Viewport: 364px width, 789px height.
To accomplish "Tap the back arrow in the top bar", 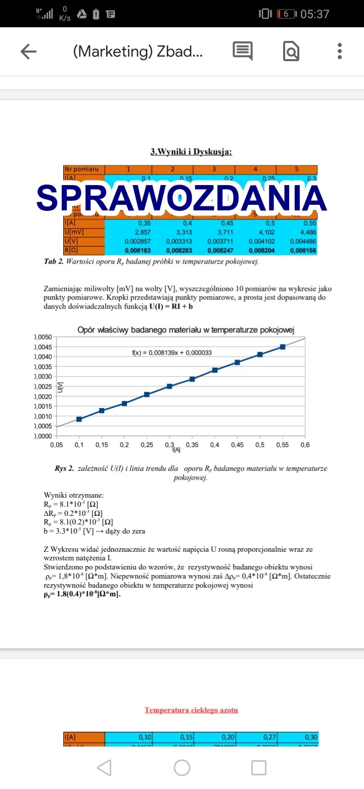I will coord(29,51).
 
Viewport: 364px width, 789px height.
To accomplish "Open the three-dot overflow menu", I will coord(340,51).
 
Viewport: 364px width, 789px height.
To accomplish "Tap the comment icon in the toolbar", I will coord(242,51).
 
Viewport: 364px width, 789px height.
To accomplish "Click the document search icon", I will coord(291,51).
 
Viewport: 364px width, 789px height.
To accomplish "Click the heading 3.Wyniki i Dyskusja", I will coord(191,152).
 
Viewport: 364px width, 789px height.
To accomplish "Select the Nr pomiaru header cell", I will coord(84,169).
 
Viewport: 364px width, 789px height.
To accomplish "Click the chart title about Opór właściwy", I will coord(186,330).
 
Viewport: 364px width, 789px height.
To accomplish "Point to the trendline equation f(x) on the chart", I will coord(171,353).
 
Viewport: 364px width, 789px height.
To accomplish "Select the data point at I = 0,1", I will coord(79,419).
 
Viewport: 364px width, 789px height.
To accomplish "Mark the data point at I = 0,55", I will coord(283,347).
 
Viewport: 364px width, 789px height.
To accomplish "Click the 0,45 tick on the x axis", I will coord(237,445).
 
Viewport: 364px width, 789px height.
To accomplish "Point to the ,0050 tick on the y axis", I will coord(43,337).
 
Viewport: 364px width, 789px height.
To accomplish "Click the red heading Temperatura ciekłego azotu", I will coord(191,710).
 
